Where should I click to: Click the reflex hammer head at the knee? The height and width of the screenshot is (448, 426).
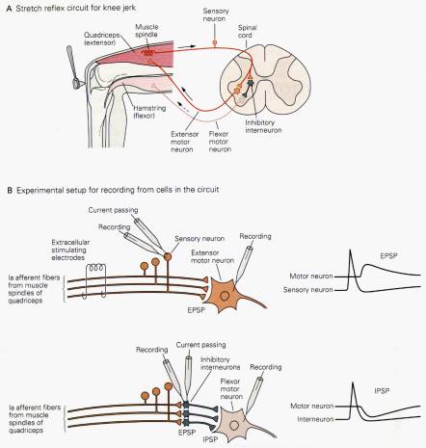(x=76, y=83)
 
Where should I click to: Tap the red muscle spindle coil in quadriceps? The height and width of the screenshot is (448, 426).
(x=147, y=53)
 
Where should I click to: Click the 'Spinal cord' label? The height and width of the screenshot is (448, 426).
(x=247, y=32)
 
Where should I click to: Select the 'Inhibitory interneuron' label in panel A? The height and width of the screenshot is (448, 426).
(x=263, y=126)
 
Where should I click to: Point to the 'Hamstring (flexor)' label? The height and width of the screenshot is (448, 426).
(x=149, y=112)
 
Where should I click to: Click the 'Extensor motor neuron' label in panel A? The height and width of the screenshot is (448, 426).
(x=184, y=142)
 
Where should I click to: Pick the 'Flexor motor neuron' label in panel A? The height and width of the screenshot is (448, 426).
(x=220, y=142)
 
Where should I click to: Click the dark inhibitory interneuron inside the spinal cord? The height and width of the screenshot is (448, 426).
(x=250, y=84)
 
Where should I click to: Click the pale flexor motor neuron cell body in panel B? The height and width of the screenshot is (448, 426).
(x=234, y=426)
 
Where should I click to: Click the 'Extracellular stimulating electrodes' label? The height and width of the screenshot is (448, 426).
(x=70, y=250)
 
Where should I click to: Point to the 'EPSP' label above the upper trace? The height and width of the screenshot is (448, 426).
(x=388, y=256)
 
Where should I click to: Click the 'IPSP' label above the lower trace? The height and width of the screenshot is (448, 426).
(x=382, y=391)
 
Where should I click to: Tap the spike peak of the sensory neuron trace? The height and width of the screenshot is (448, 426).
(x=350, y=250)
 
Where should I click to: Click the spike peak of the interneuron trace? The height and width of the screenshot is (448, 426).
(x=353, y=382)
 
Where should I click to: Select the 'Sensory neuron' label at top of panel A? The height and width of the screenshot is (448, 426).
(x=216, y=14)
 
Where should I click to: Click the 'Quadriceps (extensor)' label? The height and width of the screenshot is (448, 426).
(x=101, y=39)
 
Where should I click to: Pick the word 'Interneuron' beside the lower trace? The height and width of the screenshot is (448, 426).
(x=315, y=419)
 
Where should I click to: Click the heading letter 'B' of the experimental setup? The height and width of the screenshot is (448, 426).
(x=10, y=190)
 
